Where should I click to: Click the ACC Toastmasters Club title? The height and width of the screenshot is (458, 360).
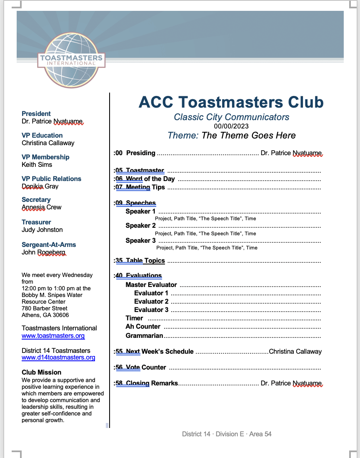coord(231,102)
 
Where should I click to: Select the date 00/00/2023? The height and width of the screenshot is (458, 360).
coord(231,126)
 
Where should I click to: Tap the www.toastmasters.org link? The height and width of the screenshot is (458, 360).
coord(53,336)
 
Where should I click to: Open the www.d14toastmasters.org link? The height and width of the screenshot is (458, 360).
coord(58,357)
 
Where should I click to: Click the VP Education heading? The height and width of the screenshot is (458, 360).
coord(42,135)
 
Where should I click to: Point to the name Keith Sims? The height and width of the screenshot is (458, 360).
coord(37,164)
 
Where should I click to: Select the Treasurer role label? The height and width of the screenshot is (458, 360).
coord(36,222)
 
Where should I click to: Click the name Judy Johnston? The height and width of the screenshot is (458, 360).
coord(42,229)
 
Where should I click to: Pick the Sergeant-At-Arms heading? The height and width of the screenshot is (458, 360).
coord(49,244)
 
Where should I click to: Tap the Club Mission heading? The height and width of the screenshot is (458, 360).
coord(41,372)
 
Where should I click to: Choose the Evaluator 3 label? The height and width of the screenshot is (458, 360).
coord(151,310)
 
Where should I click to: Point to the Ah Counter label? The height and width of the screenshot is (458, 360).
coord(143,326)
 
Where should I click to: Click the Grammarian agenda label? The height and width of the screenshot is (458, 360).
coord(144,335)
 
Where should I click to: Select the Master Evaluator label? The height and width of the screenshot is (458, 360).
coord(151,284)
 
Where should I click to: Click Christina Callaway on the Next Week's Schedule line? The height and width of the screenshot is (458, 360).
coord(295,351)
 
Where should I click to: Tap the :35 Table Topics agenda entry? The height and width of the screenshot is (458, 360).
coord(140,261)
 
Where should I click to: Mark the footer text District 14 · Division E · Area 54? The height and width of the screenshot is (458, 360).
coord(227,434)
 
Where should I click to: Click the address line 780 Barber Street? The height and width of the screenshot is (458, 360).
coord(45,308)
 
